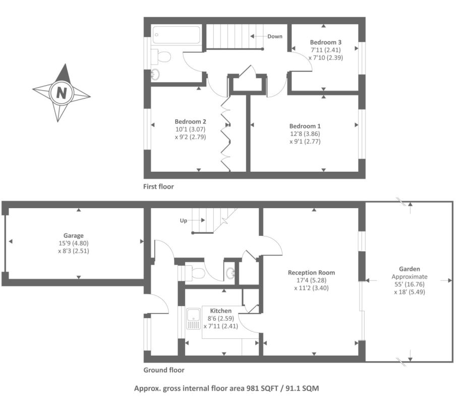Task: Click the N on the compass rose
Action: (x=62, y=93)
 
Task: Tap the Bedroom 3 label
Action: (x=326, y=42)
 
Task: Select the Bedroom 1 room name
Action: (x=305, y=126)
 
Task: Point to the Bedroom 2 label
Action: (x=190, y=121)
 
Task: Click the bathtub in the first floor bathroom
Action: (x=177, y=35)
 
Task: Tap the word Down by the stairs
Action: (x=275, y=36)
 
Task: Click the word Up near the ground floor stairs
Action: (x=184, y=221)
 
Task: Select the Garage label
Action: (x=74, y=235)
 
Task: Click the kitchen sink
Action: (x=193, y=318)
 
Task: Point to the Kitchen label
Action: (x=221, y=311)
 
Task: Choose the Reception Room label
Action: (x=311, y=273)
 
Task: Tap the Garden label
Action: (x=409, y=269)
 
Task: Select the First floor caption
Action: (x=158, y=186)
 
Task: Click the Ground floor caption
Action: (x=164, y=370)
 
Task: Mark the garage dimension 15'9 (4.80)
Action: (x=74, y=243)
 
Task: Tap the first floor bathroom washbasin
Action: (x=155, y=75)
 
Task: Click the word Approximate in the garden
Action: (x=409, y=277)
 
